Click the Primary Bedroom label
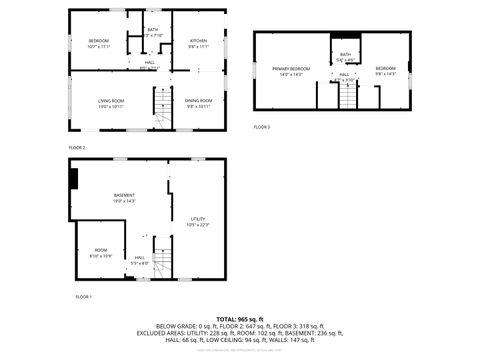[x=291, y=70]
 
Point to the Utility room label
[x=198, y=221]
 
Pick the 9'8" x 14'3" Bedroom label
[x=385, y=70]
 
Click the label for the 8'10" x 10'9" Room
[x=101, y=252]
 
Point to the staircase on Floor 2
[x=161, y=102]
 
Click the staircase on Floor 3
[x=346, y=97]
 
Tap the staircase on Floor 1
[x=162, y=258]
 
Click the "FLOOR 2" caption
[x=77, y=148]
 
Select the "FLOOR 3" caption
[x=261, y=127]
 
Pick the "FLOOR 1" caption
[x=83, y=297]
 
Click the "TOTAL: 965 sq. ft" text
[x=240, y=318]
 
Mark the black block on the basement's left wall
[x=73, y=178]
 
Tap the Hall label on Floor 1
[x=139, y=259]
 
